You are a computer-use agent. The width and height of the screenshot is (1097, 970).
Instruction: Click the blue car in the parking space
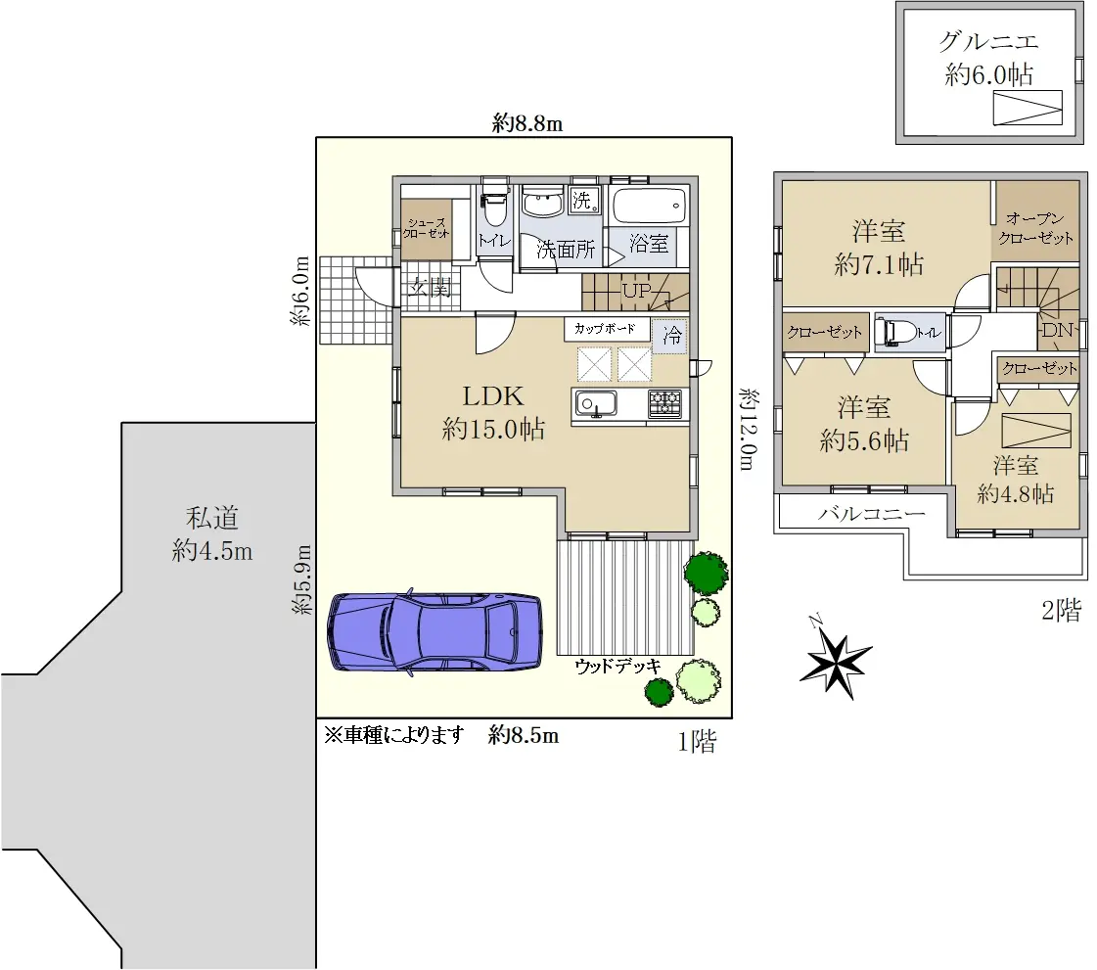pyautogui.click(x=434, y=632)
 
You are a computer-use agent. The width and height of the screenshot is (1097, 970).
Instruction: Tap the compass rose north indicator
pyautogui.click(x=836, y=660)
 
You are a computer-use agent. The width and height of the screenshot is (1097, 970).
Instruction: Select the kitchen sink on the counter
pyautogui.click(x=595, y=404)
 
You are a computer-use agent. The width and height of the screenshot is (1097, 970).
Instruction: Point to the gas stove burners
pyautogui.click(x=664, y=404)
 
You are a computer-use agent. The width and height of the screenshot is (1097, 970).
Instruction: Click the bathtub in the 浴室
pyautogui.click(x=649, y=206)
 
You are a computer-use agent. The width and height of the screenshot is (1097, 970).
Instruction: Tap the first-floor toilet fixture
pyautogui.click(x=494, y=202)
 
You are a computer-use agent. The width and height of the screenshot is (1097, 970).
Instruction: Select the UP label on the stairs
pyautogui.click(x=637, y=291)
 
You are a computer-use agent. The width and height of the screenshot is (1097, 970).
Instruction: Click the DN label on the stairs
pyautogui.click(x=1057, y=330)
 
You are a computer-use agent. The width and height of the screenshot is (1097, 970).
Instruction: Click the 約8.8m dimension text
pyautogui.click(x=527, y=124)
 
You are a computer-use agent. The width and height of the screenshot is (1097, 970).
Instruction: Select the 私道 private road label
pyautogui.click(x=212, y=519)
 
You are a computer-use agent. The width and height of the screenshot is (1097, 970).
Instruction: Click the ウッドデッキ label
pyautogui.click(x=617, y=666)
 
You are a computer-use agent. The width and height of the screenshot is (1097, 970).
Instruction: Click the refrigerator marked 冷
pyautogui.click(x=671, y=335)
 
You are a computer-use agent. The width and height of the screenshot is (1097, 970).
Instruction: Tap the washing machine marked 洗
pyautogui.click(x=583, y=201)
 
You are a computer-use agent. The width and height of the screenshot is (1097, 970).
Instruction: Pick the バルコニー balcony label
pyautogui.click(x=872, y=514)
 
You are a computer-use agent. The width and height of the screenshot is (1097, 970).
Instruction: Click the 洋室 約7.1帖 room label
pyautogui.click(x=879, y=248)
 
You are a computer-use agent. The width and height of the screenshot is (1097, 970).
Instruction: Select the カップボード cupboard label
pyautogui.click(x=605, y=328)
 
